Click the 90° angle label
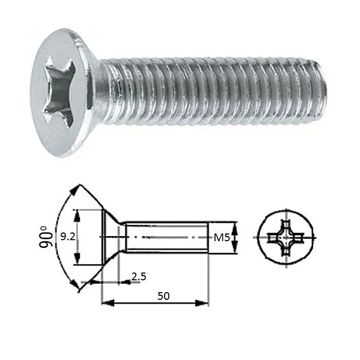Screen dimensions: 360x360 tap(47, 237)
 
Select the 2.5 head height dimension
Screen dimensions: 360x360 tap(138, 277)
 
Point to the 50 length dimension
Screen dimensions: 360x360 tap(164, 296)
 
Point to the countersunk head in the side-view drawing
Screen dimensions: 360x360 tap(111, 237)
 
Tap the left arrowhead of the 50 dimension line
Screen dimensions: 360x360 tap(105, 303)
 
